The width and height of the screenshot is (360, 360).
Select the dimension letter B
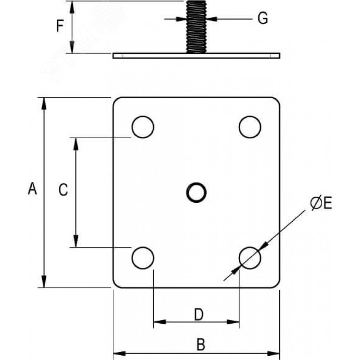(201, 345)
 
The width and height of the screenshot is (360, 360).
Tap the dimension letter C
(63, 190)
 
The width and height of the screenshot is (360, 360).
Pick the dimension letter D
(199, 314)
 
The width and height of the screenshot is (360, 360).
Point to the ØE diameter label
(321, 203)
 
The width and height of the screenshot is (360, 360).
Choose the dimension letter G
(263, 18)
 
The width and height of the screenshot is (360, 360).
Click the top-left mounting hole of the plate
(143, 127)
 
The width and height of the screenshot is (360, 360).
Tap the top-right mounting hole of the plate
(250, 127)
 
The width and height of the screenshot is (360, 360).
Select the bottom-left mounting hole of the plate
(143, 258)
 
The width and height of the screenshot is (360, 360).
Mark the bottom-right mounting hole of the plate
(250, 258)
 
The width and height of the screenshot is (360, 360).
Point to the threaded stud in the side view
(196, 27)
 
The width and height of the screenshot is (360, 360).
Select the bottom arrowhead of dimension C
(76, 241)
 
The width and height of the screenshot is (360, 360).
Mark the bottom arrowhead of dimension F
(72, 47)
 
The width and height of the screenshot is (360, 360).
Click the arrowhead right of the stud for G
(212, 18)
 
